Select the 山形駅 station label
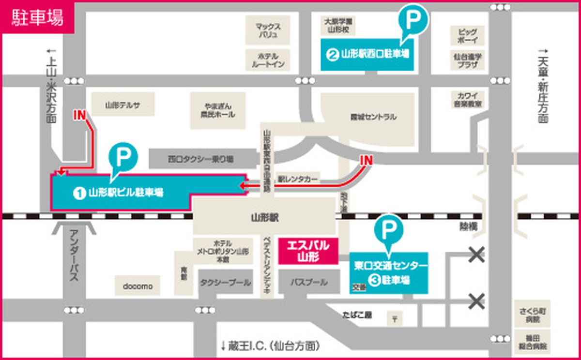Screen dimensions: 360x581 pyautogui.click(x=264, y=218)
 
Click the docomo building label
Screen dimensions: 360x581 pyautogui.click(x=138, y=286)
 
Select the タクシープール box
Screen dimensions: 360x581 pyautogui.click(x=226, y=282)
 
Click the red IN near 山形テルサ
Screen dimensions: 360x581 pyautogui.click(x=80, y=115)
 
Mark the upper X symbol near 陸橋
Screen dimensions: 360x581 pyautogui.click(x=477, y=255)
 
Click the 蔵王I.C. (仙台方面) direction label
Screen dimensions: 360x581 pyautogui.click(x=270, y=345)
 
